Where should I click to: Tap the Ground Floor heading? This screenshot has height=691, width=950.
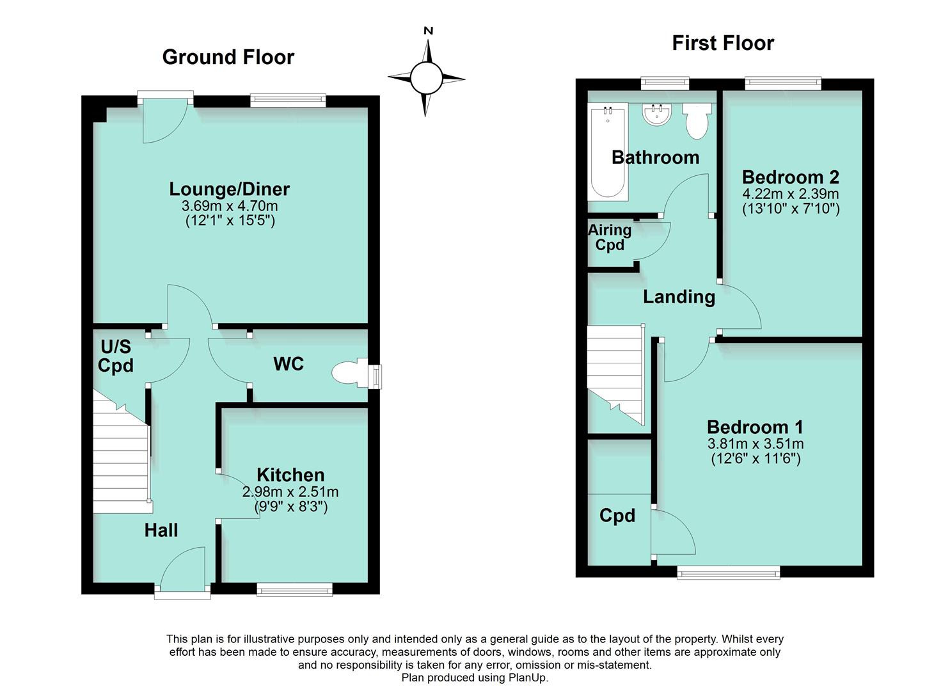tap(228, 57)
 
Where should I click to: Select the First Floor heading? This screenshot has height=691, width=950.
tap(722, 43)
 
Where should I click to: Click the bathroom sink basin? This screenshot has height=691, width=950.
tap(657, 116)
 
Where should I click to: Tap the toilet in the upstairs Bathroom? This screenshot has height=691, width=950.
tap(697, 121)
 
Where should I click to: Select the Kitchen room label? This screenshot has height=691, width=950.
tap(290, 475)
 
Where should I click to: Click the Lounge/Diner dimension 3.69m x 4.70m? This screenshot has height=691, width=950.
tap(230, 206)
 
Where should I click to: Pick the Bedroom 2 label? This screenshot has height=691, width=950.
tap(790, 177)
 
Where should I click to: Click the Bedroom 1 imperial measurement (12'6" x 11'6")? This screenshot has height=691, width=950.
tap(756, 458)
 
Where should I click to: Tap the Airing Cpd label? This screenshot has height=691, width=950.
tap(610, 237)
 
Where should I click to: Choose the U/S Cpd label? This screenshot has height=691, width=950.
tap(116, 356)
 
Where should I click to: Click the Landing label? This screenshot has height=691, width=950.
tap(679, 297)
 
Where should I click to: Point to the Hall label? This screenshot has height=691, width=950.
tap(161, 530)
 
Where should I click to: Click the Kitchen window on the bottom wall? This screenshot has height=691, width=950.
tap(294, 589)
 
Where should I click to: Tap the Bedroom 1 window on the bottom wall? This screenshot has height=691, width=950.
tap(728, 573)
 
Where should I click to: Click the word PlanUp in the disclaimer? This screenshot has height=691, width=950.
tap(528, 678)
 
